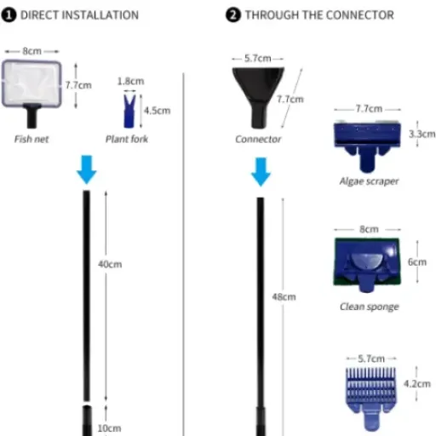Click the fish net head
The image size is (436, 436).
32,84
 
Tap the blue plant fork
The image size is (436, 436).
129,112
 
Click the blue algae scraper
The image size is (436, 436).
367,146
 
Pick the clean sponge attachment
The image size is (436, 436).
367,265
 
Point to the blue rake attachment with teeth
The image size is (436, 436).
371,399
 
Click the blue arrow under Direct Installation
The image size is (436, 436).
87,169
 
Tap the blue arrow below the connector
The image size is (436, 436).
261,172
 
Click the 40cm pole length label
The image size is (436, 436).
110,265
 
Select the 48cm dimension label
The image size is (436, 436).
284,297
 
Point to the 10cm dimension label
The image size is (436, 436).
109,428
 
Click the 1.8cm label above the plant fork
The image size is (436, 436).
130,81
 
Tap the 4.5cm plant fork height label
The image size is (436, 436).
158,111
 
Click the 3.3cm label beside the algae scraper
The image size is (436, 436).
422,134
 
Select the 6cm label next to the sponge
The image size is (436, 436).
417,262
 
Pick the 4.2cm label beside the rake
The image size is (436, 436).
417,384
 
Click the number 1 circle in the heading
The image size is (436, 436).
9,15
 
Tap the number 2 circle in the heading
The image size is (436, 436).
233,15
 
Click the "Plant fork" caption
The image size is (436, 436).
127,139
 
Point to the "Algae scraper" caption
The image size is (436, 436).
370,181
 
